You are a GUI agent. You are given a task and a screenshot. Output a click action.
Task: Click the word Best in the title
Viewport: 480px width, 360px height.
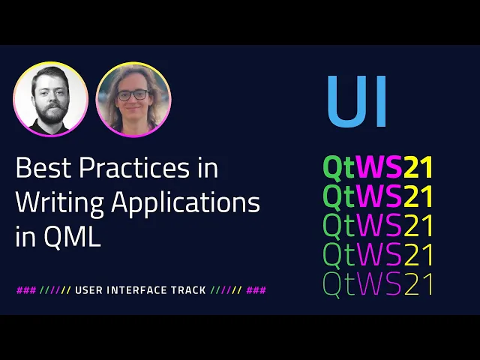point(43,167)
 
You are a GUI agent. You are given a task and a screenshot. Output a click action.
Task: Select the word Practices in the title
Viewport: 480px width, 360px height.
point(134,167)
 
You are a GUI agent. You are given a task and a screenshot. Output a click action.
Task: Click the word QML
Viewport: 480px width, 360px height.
point(72,235)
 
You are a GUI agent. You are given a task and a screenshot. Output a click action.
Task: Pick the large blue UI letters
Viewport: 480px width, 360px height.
point(357,101)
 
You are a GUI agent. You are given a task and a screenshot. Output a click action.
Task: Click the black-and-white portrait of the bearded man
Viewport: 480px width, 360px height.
point(51,99)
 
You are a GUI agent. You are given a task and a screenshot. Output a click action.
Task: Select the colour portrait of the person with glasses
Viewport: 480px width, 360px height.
point(133,100)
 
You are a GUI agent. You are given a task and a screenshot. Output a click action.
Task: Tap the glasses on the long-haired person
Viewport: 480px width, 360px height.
point(133,95)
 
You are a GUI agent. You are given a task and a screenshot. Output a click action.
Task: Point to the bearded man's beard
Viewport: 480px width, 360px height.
point(52,114)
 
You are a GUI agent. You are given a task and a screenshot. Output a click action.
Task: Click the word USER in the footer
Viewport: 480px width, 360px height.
point(88,290)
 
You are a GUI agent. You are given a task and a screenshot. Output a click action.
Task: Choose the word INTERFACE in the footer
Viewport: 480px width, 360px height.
point(136,290)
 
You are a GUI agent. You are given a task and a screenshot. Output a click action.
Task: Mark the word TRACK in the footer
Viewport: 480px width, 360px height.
point(188,290)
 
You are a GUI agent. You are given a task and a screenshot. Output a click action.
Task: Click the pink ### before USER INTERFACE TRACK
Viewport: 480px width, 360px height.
point(26,290)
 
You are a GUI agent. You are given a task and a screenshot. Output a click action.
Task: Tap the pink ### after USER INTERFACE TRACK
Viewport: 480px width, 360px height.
point(256,290)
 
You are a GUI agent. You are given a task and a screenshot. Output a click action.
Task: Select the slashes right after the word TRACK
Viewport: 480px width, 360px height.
point(226,290)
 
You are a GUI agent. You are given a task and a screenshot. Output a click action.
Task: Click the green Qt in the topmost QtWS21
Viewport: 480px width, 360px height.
point(339,168)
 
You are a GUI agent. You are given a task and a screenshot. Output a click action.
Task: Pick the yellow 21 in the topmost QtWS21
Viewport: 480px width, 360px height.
point(418,167)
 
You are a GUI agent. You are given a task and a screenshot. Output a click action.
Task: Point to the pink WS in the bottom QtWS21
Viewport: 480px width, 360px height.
point(379,283)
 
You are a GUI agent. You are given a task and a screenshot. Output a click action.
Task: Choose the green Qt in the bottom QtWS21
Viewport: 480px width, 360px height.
point(339,285)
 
